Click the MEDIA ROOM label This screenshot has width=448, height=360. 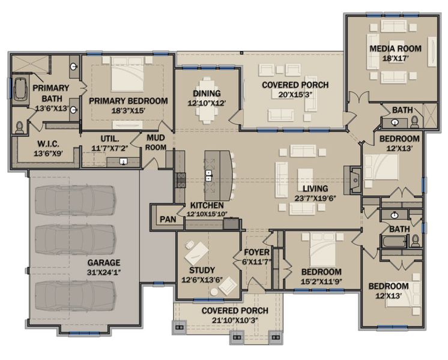click(x=395, y=49)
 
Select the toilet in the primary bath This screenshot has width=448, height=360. click(x=19, y=127)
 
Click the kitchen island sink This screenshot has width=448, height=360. click(x=208, y=176)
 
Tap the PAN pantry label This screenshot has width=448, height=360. click(x=168, y=219)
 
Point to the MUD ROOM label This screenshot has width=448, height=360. click(x=156, y=142)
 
